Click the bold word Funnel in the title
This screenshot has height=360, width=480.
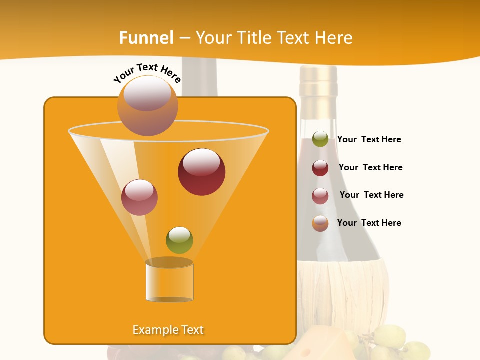[x=146, y=38]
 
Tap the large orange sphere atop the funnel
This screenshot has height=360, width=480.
[x=148, y=105]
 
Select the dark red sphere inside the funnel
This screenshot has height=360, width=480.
[x=201, y=172]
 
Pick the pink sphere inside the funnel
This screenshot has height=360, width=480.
[x=139, y=197]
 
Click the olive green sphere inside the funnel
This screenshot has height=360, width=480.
[x=179, y=240]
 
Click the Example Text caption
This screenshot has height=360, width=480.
[x=168, y=330]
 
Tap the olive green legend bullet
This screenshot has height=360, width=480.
[x=320, y=139]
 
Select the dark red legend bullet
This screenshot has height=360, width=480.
[x=320, y=168]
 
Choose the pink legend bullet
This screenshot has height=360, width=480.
[x=320, y=196]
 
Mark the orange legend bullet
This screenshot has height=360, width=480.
[x=320, y=223]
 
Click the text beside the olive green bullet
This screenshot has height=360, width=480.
[x=369, y=139]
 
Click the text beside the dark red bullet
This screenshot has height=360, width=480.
[x=370, y=167]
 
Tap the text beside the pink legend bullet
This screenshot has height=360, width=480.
[x=371, y=195]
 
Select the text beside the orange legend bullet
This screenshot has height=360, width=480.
[x=369, y=223]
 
